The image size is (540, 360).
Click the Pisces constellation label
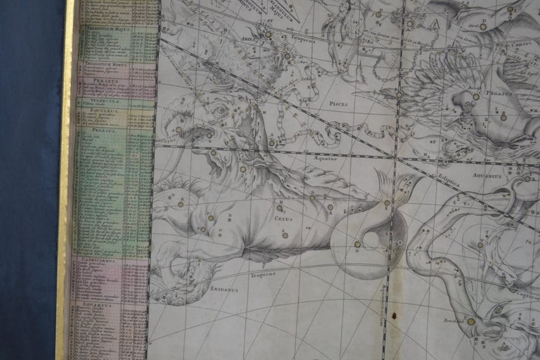click(x=340, y=103)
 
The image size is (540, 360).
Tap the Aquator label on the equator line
click(x=326, y=159)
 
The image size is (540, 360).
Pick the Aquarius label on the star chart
click(x=488, y=175)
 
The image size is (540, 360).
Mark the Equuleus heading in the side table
click(x=103, y=110)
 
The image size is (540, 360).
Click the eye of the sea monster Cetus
click(x=220, y=110)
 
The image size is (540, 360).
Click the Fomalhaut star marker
click(x=470, y=321)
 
